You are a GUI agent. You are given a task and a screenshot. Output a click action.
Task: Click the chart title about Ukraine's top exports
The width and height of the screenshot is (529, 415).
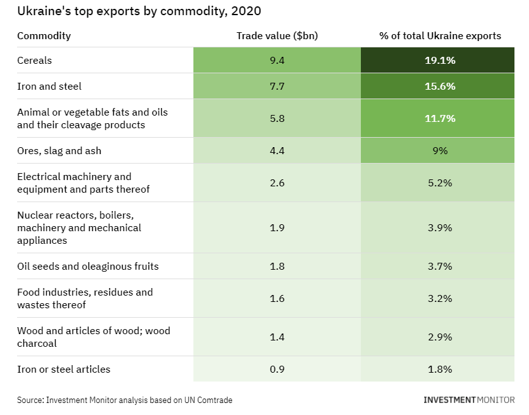[x=138, y=11]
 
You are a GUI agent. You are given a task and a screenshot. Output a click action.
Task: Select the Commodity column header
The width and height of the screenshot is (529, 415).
[x=44, y=35]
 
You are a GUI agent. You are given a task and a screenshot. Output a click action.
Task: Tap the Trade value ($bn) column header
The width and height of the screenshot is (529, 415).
[x=277, y=35]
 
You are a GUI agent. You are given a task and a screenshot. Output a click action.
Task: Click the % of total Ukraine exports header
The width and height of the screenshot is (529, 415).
[x=440, y=35]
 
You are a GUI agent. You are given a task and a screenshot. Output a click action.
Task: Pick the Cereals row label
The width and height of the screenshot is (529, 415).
[x=35, y=61]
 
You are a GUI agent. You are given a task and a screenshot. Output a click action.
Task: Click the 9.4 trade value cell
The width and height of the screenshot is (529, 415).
[x=277, y=61]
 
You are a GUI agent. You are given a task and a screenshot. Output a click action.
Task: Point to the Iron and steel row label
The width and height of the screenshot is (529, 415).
[x=49, y=86]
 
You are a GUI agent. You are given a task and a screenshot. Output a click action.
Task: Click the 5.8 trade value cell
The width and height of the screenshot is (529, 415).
[x=277, y=118]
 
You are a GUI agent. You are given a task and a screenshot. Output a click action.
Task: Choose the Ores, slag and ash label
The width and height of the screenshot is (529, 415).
[x=59, y=150]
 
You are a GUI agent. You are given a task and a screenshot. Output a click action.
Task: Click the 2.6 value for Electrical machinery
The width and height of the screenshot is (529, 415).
[x=277, y=183]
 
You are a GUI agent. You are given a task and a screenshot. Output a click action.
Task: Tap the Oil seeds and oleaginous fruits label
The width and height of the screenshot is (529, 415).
[x=88, y=266]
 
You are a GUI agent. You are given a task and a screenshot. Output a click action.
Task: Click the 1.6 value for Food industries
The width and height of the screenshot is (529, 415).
[x=277, y=298]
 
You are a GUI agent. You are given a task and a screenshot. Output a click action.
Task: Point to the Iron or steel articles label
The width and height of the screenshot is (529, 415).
[x=64, y=369]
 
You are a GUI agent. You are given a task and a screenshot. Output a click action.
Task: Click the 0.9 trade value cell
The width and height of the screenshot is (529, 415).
[x=277, y=369]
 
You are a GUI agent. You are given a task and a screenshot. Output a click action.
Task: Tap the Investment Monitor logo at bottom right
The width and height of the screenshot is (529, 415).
[x=469, y=400]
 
